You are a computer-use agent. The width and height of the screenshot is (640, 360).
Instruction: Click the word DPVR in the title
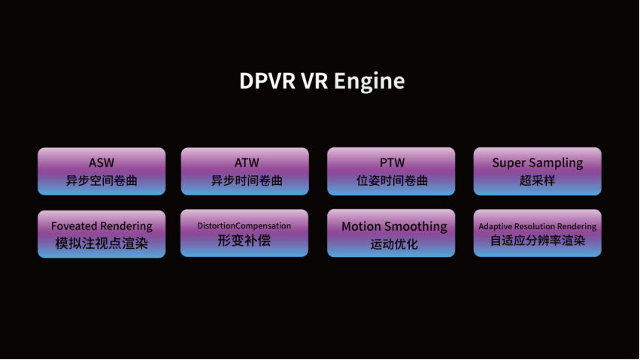tap(267, 80)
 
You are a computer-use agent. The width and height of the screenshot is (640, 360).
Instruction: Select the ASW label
tap(102, 162)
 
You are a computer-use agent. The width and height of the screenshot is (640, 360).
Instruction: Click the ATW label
tap(247, 162)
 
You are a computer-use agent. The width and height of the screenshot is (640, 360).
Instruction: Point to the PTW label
tap(393, 162)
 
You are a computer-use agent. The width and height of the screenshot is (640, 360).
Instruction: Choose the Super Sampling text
tap(538, 163)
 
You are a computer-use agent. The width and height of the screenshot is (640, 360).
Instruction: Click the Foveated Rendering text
tap(102, 226)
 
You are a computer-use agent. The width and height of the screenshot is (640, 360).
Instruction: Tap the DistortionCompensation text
tap(244, 226)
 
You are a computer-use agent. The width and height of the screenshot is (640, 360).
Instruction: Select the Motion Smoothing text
tap(394, 227)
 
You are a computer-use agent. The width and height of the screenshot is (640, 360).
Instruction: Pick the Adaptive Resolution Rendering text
tap(537, 226)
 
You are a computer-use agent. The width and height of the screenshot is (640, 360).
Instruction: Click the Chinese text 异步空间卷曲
tap(102, 180)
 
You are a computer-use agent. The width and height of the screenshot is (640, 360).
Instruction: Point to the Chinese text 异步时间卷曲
tap(247, 180)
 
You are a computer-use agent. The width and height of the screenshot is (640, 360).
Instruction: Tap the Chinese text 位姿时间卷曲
tap(393, 180)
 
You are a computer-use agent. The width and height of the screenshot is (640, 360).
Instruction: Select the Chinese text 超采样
tap(537, 180)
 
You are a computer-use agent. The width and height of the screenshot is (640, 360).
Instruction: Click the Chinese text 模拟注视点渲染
tap(102, 244)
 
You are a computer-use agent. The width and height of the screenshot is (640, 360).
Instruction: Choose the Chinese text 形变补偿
tap(244, 241)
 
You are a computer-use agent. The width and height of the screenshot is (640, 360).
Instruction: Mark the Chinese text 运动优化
tap(394, 244)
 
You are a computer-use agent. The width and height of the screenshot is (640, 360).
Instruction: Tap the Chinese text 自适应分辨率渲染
tap(538, 241)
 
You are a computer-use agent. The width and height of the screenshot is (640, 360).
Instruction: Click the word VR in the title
tap(314, 80)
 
